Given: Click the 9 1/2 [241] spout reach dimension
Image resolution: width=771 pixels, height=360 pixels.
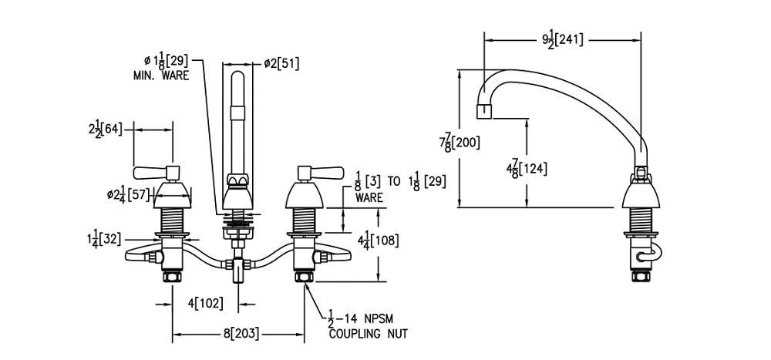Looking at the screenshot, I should [563, 39].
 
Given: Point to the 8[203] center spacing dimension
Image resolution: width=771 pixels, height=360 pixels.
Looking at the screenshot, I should [241, 334].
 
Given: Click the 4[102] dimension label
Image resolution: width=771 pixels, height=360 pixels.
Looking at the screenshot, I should [204, 303].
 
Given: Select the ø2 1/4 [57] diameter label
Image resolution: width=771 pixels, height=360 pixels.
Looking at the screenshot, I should [128, 194].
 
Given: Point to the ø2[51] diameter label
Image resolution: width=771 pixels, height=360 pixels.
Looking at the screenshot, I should [281, 64].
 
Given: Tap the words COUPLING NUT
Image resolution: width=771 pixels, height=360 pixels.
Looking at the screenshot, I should [368, 334].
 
